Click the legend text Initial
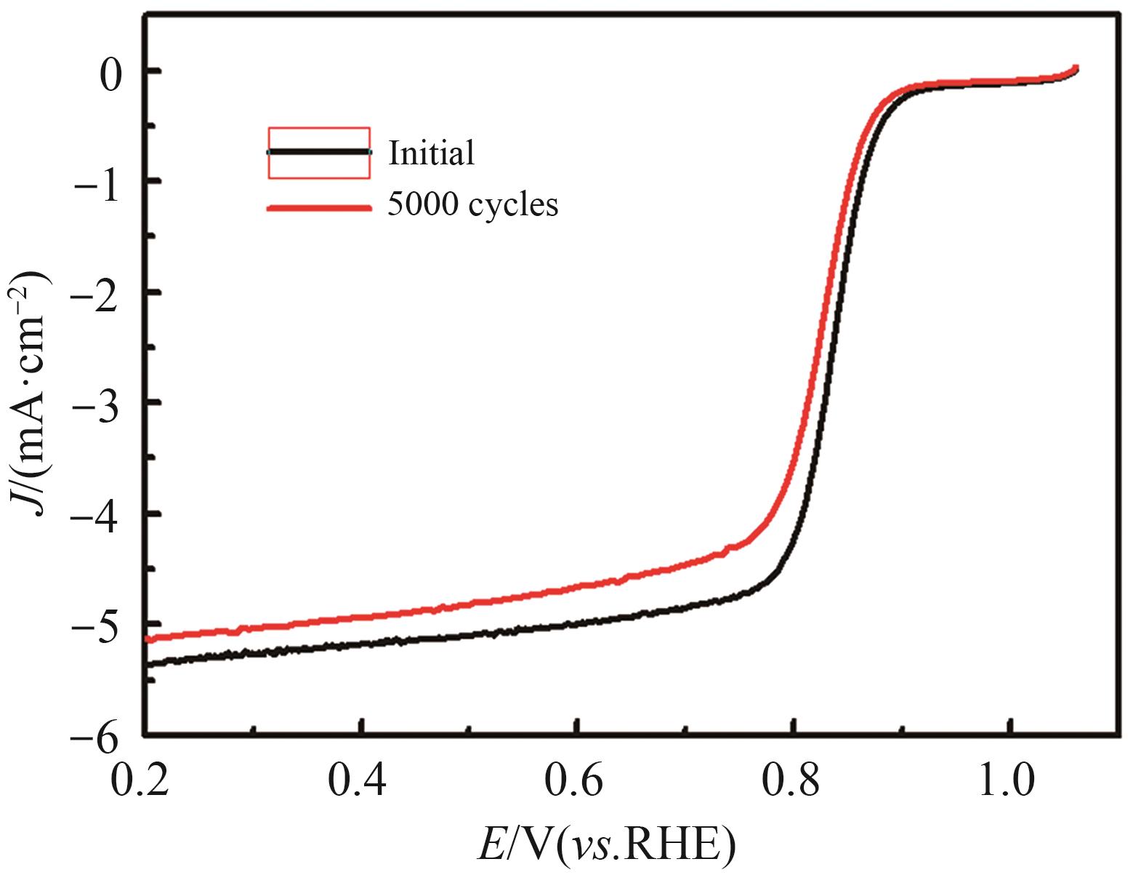432,153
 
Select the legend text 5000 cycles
473,205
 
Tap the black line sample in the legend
319,152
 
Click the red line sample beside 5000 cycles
319,208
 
